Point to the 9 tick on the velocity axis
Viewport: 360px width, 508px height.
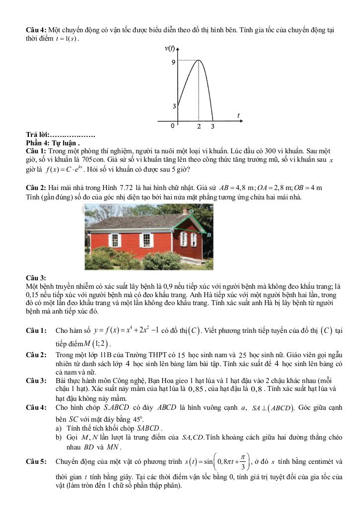173,63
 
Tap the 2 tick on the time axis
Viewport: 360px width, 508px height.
199,127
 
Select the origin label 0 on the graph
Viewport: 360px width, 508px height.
173,126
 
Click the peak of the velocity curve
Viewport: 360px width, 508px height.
199,61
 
